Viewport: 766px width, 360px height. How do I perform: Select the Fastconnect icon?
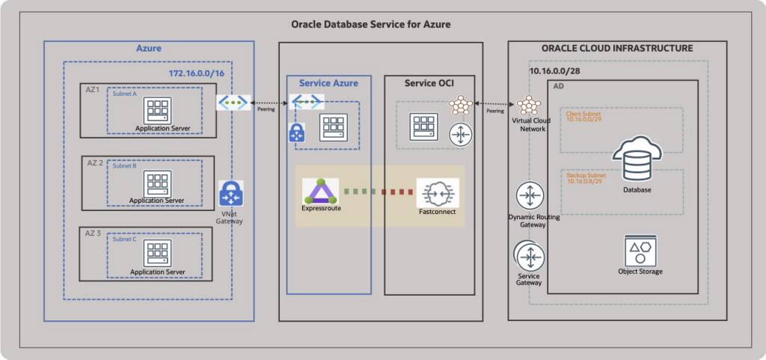438,192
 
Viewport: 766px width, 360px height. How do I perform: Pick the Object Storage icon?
640,249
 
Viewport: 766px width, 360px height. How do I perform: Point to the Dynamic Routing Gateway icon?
530,196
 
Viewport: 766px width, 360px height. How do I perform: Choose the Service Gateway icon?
530,256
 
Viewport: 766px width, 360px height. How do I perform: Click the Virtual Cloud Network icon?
529,106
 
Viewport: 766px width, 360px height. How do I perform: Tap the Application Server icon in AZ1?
158,109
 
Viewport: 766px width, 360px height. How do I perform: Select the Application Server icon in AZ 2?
158,183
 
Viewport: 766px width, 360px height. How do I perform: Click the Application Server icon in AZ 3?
158,253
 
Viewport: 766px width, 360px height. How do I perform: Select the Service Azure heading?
328,83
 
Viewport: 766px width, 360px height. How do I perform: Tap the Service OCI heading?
429,82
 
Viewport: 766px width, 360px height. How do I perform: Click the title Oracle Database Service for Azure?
371,25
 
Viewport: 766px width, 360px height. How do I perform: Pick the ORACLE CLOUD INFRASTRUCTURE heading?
617,49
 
